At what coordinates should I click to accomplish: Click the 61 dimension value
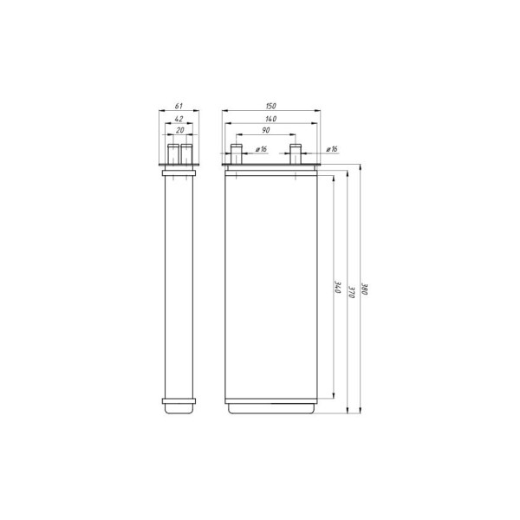(179, 106)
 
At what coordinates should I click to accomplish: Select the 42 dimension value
(179, 119)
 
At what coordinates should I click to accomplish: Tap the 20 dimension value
(179, 130)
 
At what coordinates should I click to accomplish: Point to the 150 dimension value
(271, 106)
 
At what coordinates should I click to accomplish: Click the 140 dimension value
(271, 119)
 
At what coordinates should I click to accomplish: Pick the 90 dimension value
(266, 130)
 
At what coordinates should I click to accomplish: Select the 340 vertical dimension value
(339, 288)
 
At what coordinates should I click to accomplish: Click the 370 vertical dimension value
(352, 292)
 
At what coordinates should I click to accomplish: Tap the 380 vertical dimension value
(365, 289)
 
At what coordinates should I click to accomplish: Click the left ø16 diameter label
(262, 149)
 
